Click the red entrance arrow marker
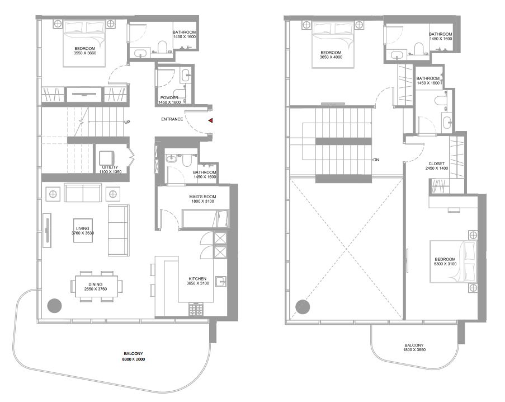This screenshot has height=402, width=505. pos(211,120)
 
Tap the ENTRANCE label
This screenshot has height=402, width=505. pos(172,119)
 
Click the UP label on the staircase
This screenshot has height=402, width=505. pos(127,122)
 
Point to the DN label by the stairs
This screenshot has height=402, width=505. pos(376,160)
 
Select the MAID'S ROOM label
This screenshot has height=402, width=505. pos(202,197)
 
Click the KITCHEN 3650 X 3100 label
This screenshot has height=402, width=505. pos(197,281)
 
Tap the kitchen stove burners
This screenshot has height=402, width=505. pos(196,308)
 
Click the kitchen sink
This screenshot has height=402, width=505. pos(221,281)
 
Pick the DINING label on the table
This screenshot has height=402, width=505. pos(95,284)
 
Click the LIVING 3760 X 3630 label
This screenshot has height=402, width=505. pos(83,231)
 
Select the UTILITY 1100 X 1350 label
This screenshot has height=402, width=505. pos(110,170)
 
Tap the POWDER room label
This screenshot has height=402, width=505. pos(169,97)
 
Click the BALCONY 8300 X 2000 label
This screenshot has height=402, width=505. pos(133,356)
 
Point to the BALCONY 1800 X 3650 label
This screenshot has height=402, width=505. pos(414,347)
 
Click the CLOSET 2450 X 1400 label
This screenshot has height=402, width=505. pos(436,166)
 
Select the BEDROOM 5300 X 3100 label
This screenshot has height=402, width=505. pos(445,261)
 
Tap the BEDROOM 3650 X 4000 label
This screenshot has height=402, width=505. pos(331,55)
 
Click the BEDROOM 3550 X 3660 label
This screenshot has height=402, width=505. pos(84,51)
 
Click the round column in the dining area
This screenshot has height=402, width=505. pos(54,306)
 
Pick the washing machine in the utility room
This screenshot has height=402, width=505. pos(107,158)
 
